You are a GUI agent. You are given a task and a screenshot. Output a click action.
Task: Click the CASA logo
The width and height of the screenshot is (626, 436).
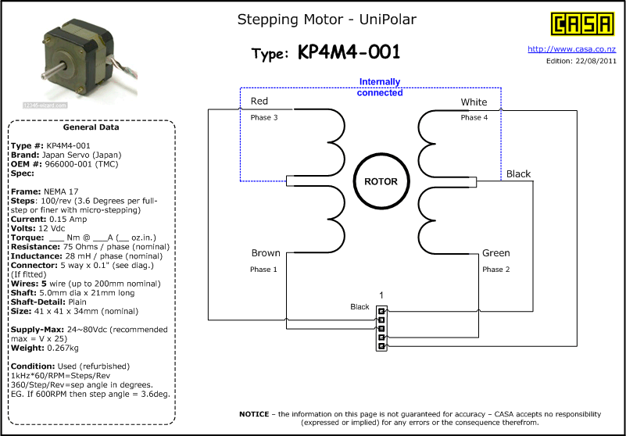(582, 24)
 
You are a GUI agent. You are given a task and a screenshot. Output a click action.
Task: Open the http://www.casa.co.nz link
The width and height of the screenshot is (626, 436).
(572, 49)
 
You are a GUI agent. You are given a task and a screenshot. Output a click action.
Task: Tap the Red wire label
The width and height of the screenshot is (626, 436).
(259, 101)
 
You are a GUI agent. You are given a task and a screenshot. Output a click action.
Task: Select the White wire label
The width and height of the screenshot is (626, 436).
(474, 102)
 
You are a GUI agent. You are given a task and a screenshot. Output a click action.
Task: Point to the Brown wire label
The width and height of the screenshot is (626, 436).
(266, 253)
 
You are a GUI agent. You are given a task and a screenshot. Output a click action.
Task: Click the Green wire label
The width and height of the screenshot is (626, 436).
(495, 253)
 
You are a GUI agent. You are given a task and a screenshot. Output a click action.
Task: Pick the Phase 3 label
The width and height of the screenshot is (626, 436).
(264, 118)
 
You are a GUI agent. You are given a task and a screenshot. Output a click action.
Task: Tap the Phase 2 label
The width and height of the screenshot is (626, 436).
(495, 270)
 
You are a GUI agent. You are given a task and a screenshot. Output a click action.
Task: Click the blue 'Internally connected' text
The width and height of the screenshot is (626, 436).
(380, 87)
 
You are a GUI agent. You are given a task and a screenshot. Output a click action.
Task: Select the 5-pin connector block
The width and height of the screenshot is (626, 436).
(381, 329)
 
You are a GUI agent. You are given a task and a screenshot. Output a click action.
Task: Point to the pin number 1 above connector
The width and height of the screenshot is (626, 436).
(381, 295)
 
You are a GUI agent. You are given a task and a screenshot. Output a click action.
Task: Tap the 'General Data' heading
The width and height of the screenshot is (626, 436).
(91, 127)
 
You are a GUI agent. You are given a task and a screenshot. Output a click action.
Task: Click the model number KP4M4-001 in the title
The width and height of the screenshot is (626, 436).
(349, 52)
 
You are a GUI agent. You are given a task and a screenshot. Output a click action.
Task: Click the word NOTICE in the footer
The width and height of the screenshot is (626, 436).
(254, 414)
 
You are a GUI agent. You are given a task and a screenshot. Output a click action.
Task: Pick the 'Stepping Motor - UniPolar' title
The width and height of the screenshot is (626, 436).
(327, 20)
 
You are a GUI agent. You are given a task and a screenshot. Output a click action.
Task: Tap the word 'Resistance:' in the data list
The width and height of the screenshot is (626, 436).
(35, 247)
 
